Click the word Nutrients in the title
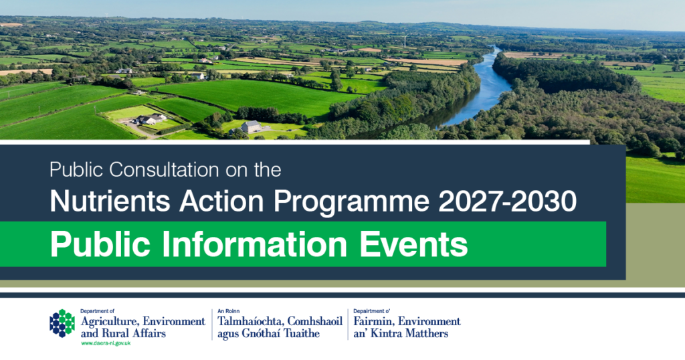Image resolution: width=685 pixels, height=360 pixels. click(110, 201)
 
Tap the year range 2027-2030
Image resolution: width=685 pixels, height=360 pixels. click(508, 201)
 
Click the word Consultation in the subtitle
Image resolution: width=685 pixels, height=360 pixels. click(164, 169)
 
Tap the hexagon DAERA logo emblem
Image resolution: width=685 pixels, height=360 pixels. click(62, 323)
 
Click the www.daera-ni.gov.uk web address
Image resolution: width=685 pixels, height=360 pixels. click(106, 343)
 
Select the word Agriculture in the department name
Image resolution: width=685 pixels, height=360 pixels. click(110, 322)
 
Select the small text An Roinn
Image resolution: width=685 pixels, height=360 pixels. click(229, 311)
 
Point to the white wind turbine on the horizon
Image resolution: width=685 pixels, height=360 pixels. click(406, 41)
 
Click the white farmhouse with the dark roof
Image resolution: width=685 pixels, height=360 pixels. click(151, 119)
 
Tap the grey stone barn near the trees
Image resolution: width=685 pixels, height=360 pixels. click(251, 126)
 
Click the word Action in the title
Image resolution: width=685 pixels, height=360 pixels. click(221, 201)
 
